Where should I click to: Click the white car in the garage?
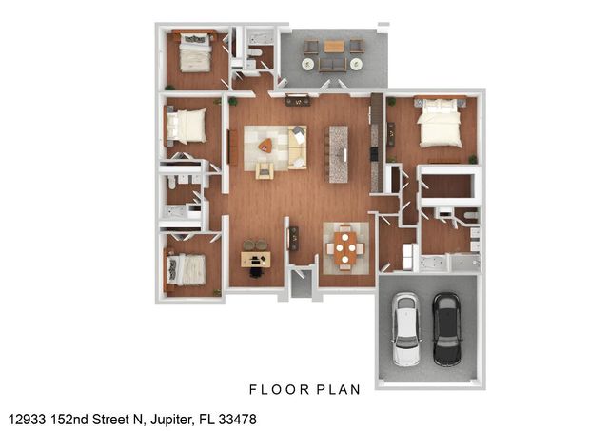tap(407, 328)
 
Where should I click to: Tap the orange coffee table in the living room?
tap(265, 146)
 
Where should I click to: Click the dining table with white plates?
tap(344, 249)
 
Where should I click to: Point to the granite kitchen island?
tap(338, 154)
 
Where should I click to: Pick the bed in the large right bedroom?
tap(439, 125)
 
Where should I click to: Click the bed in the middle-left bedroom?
tap(188, 124)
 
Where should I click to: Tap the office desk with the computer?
tap(255, 258)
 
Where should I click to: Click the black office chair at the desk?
tap(255, 272)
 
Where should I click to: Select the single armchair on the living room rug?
tap(265, 169)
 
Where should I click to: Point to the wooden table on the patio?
tap(333, 46)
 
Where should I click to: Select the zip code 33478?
tap(237, 419)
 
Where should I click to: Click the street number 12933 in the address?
tap(28, 419)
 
